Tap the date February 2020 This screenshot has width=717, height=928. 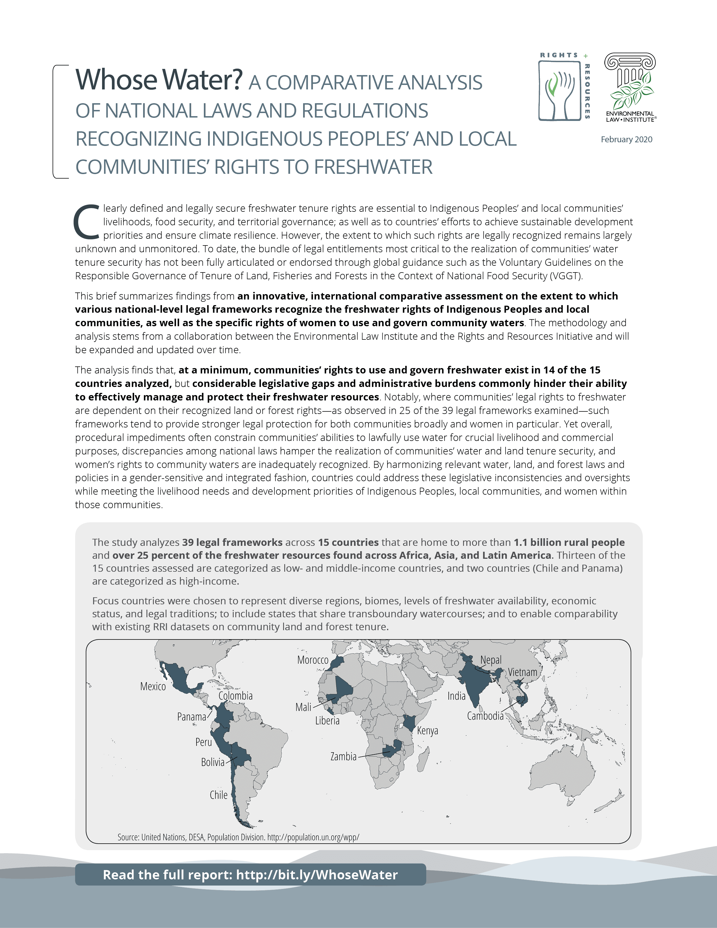coord(626,139)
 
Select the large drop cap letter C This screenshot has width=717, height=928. coord(87,222)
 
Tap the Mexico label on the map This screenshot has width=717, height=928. coord(153,686)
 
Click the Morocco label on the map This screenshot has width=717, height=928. coord(313,660)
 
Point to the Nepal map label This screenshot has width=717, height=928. coord(491,660)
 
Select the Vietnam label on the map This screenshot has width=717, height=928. coord(522,672)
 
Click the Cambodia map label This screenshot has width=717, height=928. coord(485,716)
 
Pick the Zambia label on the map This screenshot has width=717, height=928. coord(343,756)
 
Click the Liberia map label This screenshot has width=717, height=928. coord(327,721)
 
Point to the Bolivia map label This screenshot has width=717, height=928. coord(212,762)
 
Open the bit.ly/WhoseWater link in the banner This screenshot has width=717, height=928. coord(316,875)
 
